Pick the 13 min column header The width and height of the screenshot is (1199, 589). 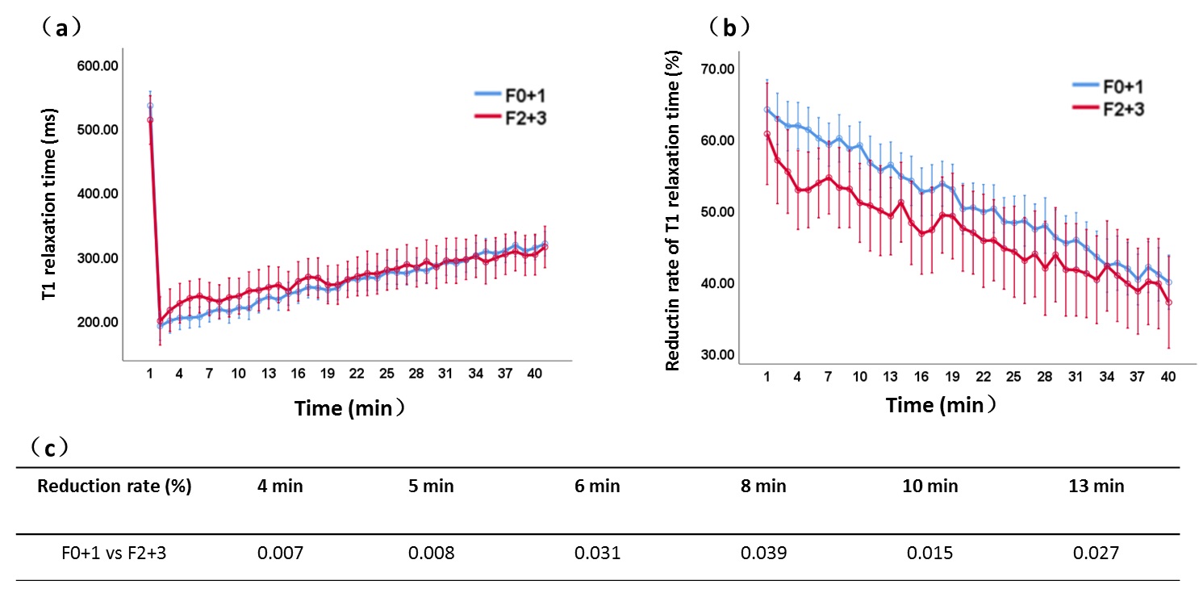tap(1098, 486)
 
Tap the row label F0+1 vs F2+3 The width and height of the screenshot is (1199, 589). tap(114, 553)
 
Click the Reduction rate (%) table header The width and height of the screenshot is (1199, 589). tap(115, 486)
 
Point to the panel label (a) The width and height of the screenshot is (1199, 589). tap(59, 27)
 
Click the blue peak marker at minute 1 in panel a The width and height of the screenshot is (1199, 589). tap(150, 106)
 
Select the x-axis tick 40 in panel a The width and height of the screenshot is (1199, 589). tap(534, 374)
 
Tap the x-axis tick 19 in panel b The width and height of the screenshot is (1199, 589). tap(952, 378)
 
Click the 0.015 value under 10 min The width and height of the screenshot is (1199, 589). tap(929, 553)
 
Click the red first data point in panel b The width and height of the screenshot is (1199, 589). tap(767, 134)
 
